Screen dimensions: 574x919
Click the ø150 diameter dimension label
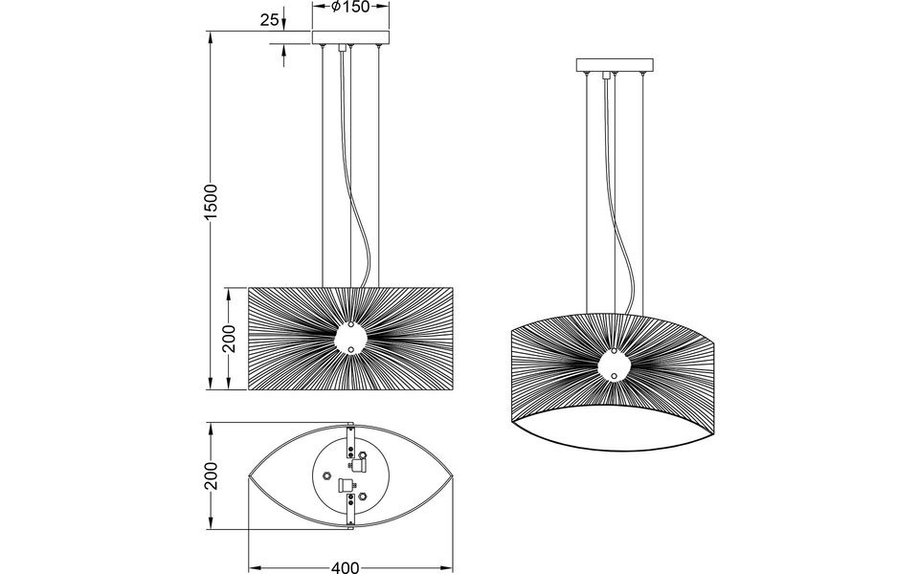[x=351, y=8]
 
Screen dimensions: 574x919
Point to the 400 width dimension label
[x=346, y=567]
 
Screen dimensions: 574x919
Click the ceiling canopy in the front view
[x=351, y=38]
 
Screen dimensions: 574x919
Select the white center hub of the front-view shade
[x=350, y=339]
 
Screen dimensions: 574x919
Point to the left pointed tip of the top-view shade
[x=250, y=475]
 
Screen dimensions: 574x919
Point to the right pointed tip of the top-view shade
[x=453, y=475]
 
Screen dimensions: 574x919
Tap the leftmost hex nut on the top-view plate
[x=326, y=475]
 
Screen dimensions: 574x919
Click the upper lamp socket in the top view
[x=360, y=465]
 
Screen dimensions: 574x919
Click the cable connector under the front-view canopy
[x=350, y=57]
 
